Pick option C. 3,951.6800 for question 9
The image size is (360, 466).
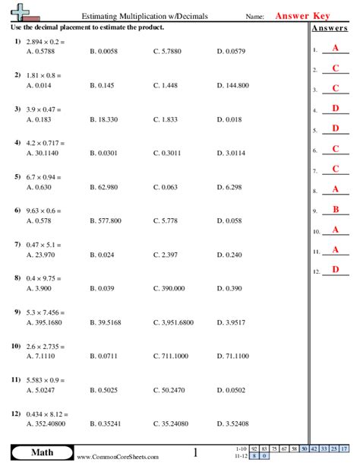tap(174, 322)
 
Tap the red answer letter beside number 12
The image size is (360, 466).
tap(335, 269)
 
